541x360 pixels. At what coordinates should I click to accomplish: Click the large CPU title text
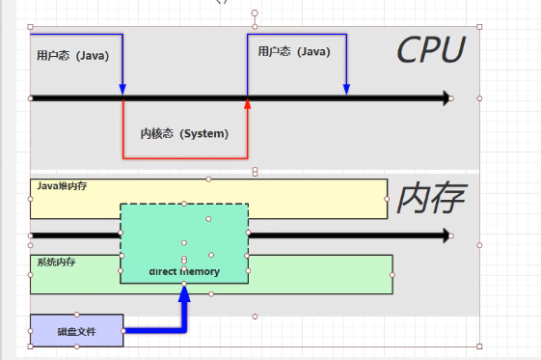pyautogui.click(x=430, y=51)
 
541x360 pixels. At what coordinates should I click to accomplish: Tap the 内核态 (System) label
pyautogui.click(x=184, y=133)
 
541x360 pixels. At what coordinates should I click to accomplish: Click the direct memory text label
pyautogui.click(x=184, y=271)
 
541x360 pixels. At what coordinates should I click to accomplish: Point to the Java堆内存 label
pyautogui.click(x=62, y=185)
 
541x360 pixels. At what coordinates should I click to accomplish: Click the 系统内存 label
pyautogui.click(x=56, y=262)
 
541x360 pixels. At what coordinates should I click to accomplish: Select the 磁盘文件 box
pyautogui.click(x=76, y=330)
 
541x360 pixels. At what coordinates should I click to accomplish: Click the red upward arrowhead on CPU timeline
pyautogui.click(x=248, y=104)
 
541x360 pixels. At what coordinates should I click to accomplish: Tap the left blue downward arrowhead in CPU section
pyautogui.click(x=122, y=90)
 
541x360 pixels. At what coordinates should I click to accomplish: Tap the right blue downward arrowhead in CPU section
pyautogui.click(x=346, y=90)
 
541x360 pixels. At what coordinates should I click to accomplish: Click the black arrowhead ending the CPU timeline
pyautogui.click(x=446, y=97)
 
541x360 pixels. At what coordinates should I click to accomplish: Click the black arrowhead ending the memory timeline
pyautogui.click(x=446, y=235)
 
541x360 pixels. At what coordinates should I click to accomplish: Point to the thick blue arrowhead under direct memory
pyautogui.click(x=184, y=292)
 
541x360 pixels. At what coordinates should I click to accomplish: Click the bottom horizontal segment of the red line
pyautogui.click(x=184, y=156)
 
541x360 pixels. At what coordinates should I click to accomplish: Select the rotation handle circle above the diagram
pyautogui.click(x=255, y=14)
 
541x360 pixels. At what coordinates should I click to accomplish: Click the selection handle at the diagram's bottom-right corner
pyautogui.click(x=479, y=346)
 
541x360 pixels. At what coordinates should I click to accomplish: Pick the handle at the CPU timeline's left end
pyautogui.click(x=31, y=97)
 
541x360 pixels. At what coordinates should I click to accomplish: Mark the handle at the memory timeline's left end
pyautogui.click(x=31, y=235)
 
